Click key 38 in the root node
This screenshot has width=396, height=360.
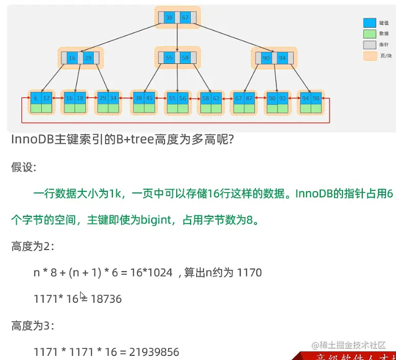click(170, 18)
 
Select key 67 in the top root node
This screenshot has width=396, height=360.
click(185, 18)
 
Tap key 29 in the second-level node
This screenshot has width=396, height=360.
click(88, 58)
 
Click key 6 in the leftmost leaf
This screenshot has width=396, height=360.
click(36, 98)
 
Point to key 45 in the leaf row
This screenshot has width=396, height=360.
click(149, 98)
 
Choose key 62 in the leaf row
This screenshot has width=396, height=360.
click(216, 98)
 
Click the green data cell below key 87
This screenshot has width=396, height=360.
click(249, 108)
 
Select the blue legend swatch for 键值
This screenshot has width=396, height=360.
click(369, 22)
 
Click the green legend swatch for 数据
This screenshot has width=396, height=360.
click(369, 33)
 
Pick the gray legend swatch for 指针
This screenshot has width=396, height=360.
click(369, 44)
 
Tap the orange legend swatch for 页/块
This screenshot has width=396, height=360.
click(369, 55)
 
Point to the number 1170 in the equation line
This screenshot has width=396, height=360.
click(249, 273)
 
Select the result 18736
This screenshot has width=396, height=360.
click(106, 299)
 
